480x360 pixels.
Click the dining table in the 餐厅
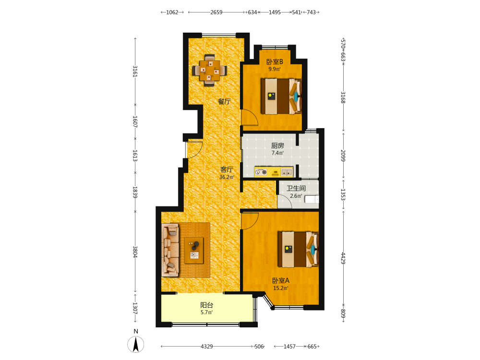pyautogui.click(x=210, y=71)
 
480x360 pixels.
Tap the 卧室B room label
pyautogui.click(x=275, y=61)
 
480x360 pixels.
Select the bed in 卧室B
pyautogui.click(x=281, y=96)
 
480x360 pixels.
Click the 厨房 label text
pyautogui.click(x=277, y=146)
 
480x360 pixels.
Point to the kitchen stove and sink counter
pyautogui.click(x=274, y=172)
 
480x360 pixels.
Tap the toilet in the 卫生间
pyautogui.click(x=312, y=199)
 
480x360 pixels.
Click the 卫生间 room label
pyautogui.click(x=296, y=188)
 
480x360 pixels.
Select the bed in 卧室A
pyautogui.click(x=298, y=249)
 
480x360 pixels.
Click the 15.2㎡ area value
pyautogui.click(x=281, y=288)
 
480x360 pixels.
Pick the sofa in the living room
pyautogui.click(x=170, y=250)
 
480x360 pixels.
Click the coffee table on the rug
pyautogui.click(x=194, y=250)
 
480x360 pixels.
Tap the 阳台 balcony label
pyautogui.click(x=206, y=305)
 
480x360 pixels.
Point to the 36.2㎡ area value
pyautogui.click(x=227, y=177)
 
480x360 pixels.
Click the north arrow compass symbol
pyautogui.click(x=136, y=344)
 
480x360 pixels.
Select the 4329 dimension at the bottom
pyautogui.click(x=206, y=347)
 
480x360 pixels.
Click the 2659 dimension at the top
pyautogui.click(x=216, y=12)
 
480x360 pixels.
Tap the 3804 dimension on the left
pyautogui.click(x=135, y=252)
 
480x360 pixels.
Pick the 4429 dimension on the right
pyautogui.click(x=343, y=258)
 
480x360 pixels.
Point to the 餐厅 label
pyautogui.click(x=224, y=102)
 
